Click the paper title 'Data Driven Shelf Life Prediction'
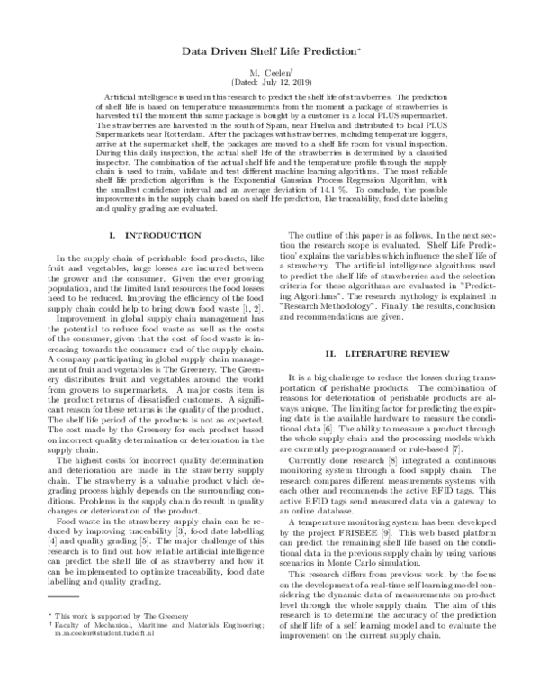(x=268, y=54)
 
